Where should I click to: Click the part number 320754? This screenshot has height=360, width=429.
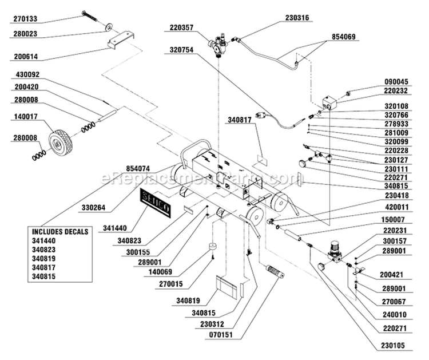[x=181, y=49]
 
